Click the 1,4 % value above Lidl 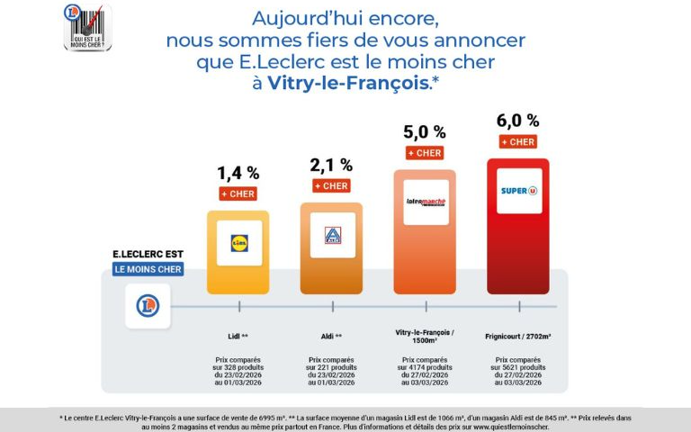(238, 172)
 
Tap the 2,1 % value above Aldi (331, 165)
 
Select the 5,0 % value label (423, 132)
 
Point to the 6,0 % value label (517, 121)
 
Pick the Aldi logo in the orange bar (332, 236)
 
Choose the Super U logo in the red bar (519, 191)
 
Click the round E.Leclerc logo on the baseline (148, 306)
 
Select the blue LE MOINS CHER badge (148, 269)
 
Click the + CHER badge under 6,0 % (517, 142)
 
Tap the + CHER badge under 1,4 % (238, 193)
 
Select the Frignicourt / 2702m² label (519, 336)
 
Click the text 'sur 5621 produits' (519, 367)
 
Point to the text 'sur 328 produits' (238, 367)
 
